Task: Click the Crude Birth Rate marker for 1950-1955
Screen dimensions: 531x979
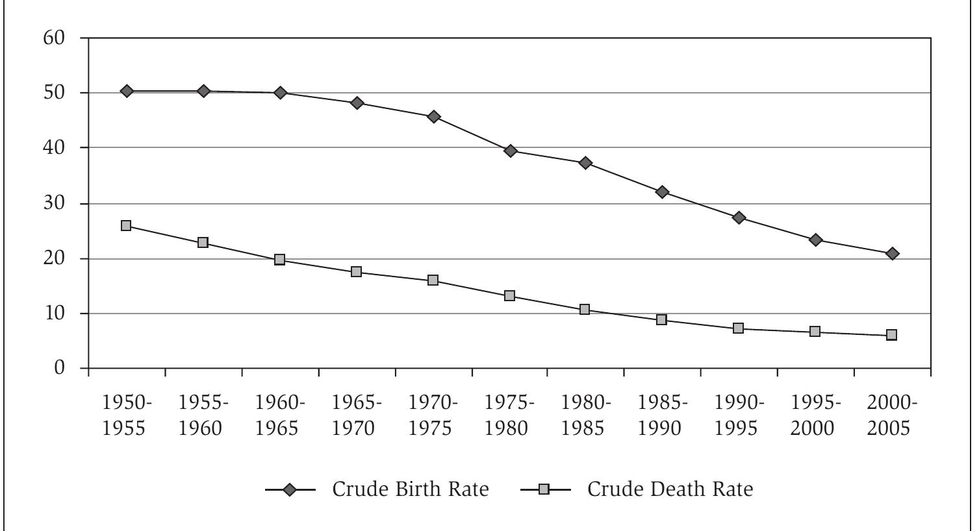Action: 127,91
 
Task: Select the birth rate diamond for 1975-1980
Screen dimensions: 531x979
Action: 510,151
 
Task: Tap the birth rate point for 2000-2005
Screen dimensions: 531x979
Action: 892,253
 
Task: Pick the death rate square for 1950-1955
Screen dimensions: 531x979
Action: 126,226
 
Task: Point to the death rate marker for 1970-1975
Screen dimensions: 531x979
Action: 433,280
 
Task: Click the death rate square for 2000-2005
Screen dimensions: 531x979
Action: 892,335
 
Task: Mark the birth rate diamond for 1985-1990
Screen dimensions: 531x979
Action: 663,192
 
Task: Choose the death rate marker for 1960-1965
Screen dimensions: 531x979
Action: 280,260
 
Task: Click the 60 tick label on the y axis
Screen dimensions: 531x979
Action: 55,38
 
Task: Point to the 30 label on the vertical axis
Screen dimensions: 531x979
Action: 55,203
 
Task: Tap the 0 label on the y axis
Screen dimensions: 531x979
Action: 60,368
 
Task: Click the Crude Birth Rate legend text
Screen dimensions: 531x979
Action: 410,489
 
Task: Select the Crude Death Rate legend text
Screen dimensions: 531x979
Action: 670,489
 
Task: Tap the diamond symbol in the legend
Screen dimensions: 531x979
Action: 290,489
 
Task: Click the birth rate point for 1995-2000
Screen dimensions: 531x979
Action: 816,240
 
